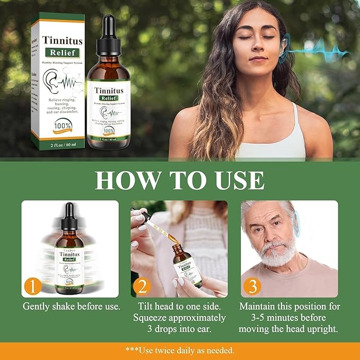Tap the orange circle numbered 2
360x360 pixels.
(142, 287)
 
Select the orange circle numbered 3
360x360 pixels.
(252, 287)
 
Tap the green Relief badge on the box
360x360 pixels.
(63, 53)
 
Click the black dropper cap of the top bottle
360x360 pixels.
(109, 32)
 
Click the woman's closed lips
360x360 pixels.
(258, 59)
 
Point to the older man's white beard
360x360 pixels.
(276, 254)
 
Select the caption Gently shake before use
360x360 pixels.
(71, 306)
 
